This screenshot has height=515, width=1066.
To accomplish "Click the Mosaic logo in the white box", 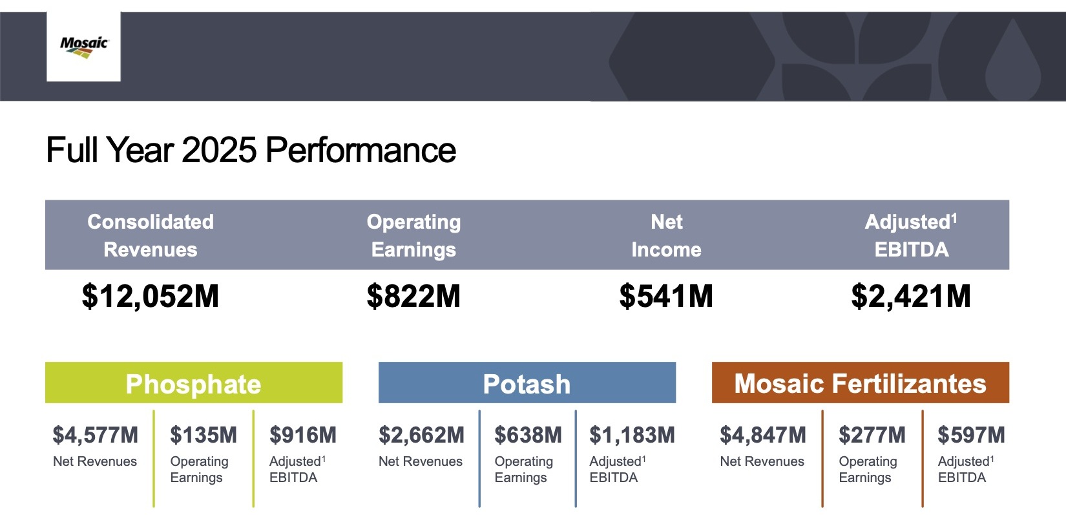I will click(83, 47).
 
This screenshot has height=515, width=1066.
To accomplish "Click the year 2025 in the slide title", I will click(219, 151).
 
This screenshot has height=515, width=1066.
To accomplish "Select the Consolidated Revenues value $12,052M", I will click(151, 297).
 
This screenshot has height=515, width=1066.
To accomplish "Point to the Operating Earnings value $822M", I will click(413, 297).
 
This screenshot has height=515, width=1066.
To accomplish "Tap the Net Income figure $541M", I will click(666, 297).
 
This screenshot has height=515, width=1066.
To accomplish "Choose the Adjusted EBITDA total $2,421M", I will click(911, 297).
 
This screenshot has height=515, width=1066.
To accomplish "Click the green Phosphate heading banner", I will click(193, 383).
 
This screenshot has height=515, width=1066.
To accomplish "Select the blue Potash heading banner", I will click(527, 383).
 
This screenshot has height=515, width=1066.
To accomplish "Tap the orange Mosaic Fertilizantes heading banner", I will click(860, 383).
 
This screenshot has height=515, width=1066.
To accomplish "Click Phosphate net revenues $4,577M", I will click(96, 435).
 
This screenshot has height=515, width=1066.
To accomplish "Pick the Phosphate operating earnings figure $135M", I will click(204, 435).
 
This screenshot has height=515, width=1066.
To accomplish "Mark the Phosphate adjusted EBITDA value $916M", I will click(303, 435).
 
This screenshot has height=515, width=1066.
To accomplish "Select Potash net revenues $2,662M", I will click(421, 435).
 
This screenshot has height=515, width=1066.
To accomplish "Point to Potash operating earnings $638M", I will click(528, 435).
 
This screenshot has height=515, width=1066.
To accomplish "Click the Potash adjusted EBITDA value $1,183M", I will click(632, 435).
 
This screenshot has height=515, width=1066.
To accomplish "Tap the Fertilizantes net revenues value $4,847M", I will click(763, 435).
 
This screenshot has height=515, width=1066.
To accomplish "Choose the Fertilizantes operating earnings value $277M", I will click(872, 435).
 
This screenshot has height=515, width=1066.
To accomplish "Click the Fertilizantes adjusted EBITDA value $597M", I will click(971, 435).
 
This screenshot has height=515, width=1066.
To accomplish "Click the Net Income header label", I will click(666, 235).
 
